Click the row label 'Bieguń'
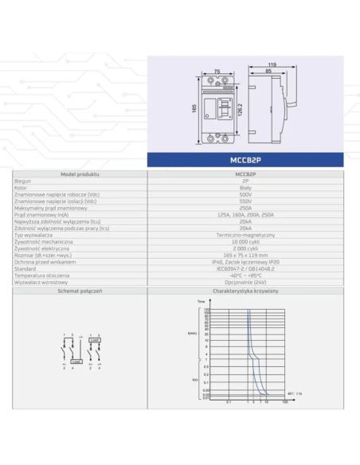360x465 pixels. pyautogui.click(x=23, y=182)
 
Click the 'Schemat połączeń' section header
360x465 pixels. pyautogui.click(x=80, y=292)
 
